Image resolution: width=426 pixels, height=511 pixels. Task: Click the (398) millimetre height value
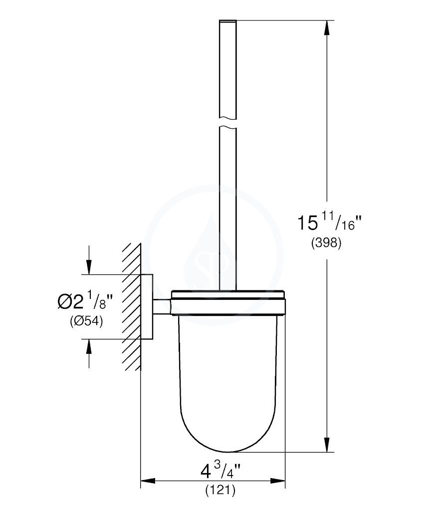[x=326, y=243]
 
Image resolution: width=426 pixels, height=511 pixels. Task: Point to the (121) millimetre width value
[x=220, y=490]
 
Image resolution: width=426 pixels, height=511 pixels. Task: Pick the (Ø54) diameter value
[x=86, y=322]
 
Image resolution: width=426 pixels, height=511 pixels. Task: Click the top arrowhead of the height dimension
[x=327, y=28]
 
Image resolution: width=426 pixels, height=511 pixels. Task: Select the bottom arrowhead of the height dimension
[x=327, y=445]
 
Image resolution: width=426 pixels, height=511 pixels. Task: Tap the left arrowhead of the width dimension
[x=148, y=481]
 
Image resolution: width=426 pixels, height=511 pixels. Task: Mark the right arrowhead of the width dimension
[x=278, y=481]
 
